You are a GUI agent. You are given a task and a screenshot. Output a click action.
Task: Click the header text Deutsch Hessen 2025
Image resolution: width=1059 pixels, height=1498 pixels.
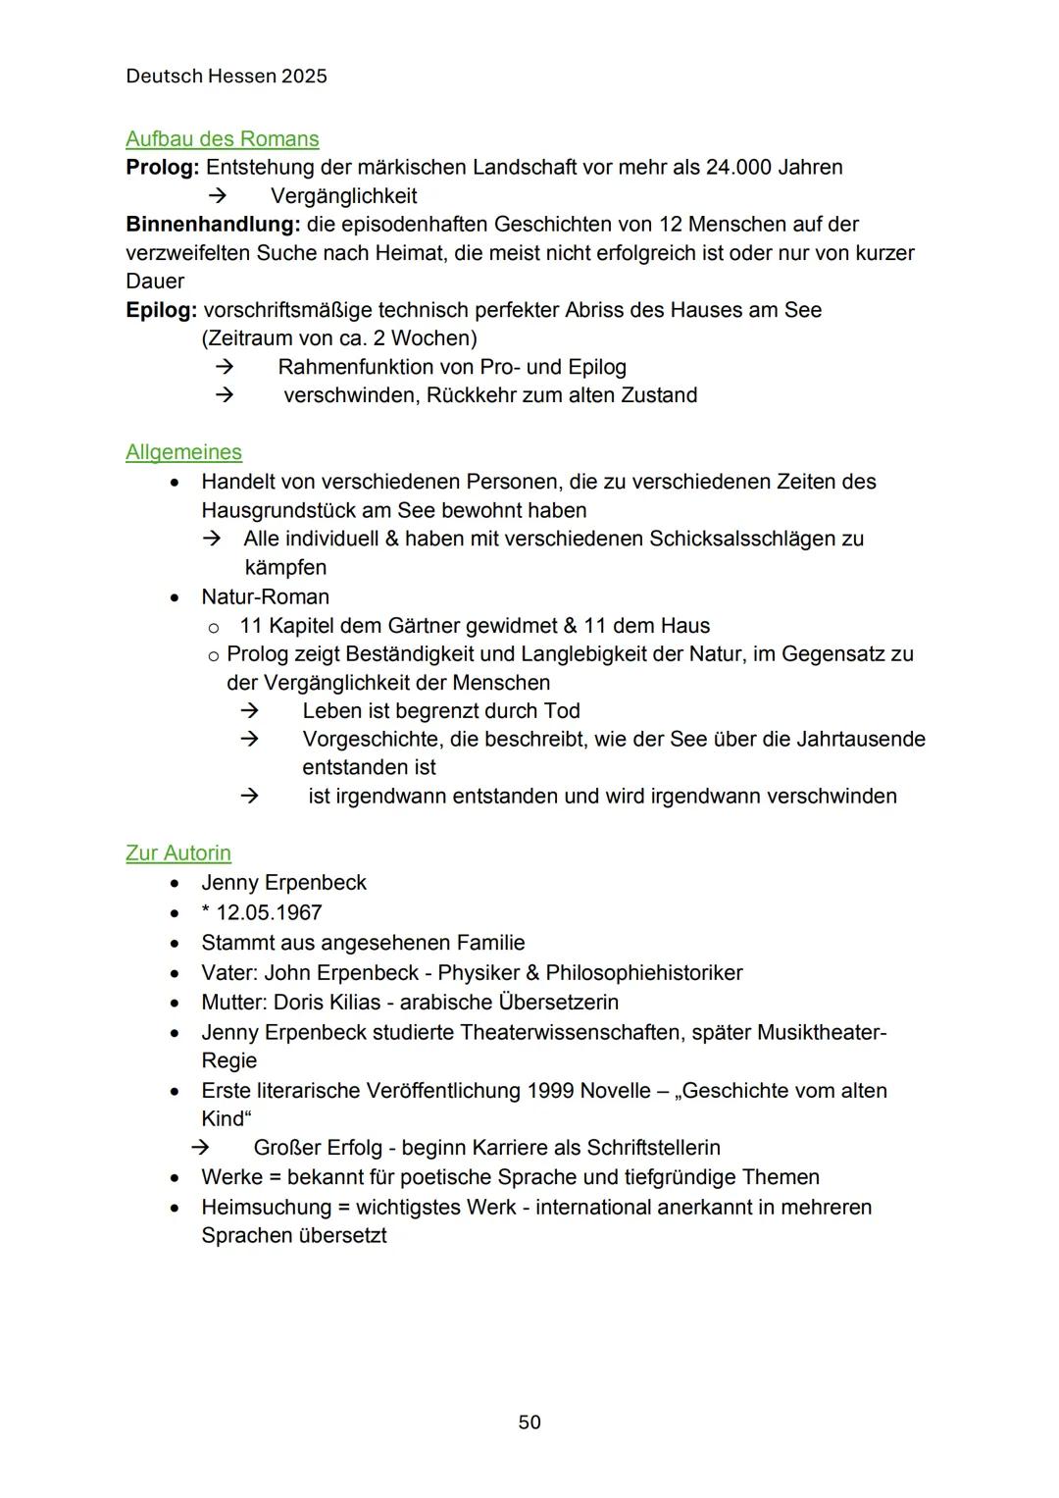(227, 77)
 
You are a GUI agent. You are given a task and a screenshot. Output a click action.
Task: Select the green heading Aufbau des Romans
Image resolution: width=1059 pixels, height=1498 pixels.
(223, 139)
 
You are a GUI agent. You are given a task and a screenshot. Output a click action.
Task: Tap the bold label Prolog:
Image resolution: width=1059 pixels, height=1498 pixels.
(163, 168)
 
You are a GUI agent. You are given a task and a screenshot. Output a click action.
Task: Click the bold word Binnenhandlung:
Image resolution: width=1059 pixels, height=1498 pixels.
(213, 225)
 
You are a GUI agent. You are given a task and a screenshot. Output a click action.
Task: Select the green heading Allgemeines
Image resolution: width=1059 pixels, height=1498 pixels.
(183, 452)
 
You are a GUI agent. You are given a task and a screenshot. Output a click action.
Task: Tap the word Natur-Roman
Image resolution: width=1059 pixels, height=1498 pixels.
(266, 597)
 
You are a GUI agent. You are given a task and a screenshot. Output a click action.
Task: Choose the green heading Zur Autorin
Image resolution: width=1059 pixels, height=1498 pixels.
(178, 853)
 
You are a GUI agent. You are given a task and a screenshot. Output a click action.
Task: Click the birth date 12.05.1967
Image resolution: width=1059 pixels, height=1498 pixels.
(269, 913)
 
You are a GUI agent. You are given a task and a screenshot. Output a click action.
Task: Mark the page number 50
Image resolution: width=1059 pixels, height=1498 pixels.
(529, 1422)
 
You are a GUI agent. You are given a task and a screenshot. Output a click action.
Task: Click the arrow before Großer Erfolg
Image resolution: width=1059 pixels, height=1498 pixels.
(200, 1147)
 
